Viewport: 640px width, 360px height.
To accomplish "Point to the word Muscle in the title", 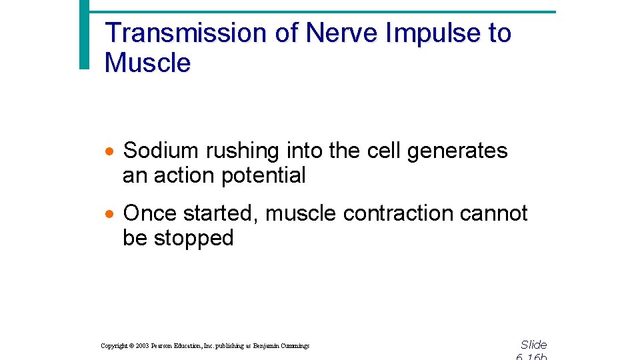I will pyautogui.click(x=147, y=63).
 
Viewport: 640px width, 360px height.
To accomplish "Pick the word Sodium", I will pyautogui.click(x=162, y=151).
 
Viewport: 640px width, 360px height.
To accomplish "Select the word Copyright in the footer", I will pyautogui.click(x=114, y=346).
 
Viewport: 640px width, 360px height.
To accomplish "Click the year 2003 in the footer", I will pyautogui.click(x=143, y=346).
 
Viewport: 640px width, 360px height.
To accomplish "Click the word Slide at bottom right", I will pyautogui.click(x=533, y=345).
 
